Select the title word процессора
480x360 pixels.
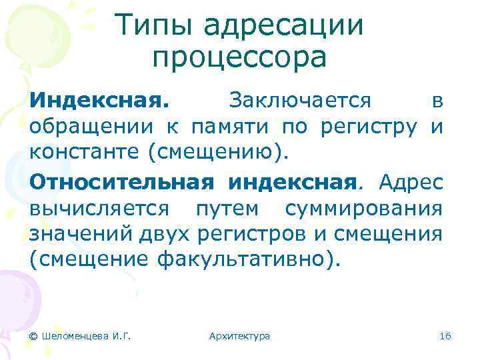(x=239, y=58)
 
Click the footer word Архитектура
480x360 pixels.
(x=239, y=336)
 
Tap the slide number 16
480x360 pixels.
(x=445, y=336)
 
